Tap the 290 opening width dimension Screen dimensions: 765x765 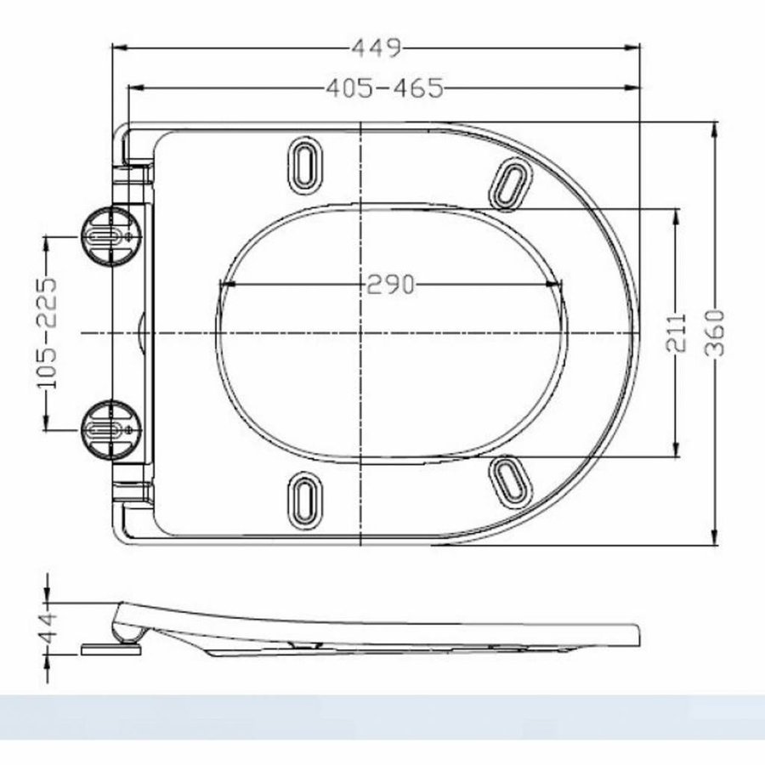tap(390, 285)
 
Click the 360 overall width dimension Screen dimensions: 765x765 tap(716, 333)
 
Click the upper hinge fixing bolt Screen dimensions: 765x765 tap(106, 235)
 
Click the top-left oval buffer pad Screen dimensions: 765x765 tap(304, 162)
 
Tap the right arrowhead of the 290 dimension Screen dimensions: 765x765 tap(558, 285)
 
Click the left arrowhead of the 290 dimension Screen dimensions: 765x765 tap(225, 285)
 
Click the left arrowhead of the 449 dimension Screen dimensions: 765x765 tap(119, 48)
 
